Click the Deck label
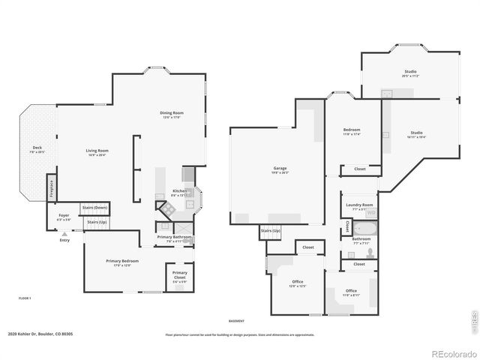[37, 148]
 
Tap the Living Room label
[97, 151]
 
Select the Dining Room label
[172, 115]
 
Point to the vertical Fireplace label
[51, 187]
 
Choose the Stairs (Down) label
[94, 207]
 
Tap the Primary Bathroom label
[174, 238]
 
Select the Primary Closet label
[180, 274]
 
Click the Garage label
[280, 169]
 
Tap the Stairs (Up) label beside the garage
[271, 230]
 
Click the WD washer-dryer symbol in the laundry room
[370, 213]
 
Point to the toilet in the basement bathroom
[371, 252]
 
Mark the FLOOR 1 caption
[25, 298]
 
